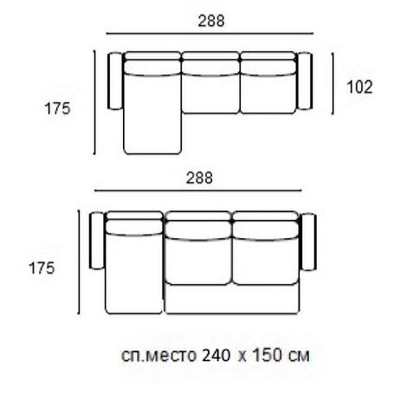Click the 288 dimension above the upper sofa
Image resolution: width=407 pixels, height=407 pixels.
click(x=211, y=21)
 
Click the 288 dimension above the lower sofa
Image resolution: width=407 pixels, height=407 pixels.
click(x=199, y=178)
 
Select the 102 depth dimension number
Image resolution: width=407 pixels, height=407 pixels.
click(x=359, y=87)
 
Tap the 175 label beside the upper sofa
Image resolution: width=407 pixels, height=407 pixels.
click(x=57, y=109)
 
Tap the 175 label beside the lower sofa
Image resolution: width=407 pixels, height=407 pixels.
click(x=42, y=268)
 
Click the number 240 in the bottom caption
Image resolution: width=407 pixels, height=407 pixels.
click(x=216, y=355)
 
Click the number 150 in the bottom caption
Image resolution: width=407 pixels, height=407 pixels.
click(x=267, y=355)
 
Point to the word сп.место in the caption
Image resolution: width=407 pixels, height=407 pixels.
click(x=158, y=356)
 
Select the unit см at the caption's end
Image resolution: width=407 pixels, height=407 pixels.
click(x=299, y=357)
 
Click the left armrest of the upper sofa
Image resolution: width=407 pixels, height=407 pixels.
click(x=115, y=81)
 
